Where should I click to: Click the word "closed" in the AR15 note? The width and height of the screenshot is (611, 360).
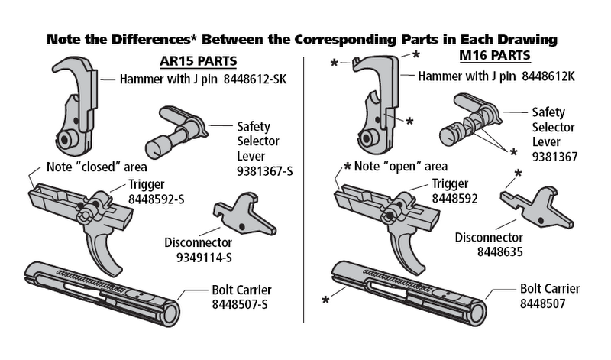click(x=96, y=167)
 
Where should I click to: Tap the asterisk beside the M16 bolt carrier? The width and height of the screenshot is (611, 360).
click(x=326, y=301)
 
